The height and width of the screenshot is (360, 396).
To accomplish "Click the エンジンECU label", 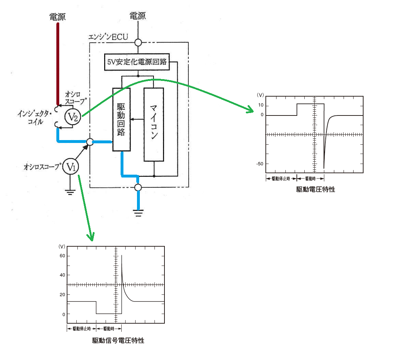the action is [108, 37].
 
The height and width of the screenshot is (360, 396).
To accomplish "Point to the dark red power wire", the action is [58, 64].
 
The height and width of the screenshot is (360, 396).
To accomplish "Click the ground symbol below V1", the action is [70, 192].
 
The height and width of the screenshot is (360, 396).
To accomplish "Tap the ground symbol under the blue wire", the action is [138, 213].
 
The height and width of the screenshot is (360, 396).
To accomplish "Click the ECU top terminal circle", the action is [138, 42].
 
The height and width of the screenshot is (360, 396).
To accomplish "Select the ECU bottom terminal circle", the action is [138, 187].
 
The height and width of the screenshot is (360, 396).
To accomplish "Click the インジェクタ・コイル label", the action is [35, 117].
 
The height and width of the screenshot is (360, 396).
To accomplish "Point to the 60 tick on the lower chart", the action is [62, 256].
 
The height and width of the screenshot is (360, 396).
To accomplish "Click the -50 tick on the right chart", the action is [260, 164].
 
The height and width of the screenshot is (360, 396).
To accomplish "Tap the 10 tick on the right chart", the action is [261, 105].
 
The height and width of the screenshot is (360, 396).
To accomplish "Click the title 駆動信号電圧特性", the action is [118, 341].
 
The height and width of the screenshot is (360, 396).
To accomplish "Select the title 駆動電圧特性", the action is [316, 190].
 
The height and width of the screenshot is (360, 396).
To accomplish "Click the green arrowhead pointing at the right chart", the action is [250, 109].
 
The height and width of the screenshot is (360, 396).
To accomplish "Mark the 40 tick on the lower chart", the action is [62, 275].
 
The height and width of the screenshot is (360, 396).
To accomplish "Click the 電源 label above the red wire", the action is [57, 17].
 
